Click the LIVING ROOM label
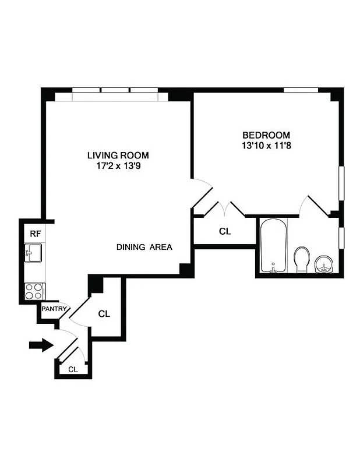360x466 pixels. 118,156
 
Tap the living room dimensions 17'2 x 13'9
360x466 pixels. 118,166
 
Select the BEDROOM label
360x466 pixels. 266,134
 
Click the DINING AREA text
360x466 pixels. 144,247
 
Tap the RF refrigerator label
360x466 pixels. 36,234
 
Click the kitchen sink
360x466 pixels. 33,253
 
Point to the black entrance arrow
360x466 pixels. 41,346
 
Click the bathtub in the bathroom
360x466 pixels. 273,246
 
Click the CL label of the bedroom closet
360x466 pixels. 225,231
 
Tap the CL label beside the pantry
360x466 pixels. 104,314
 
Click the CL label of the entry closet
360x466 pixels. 73,369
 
